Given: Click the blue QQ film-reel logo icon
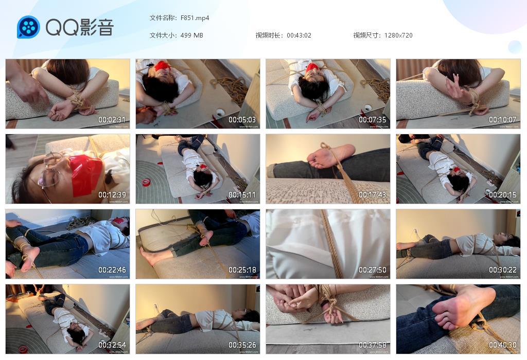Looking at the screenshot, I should [x=28, y=27].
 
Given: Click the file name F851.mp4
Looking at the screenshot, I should [x=195, y=18].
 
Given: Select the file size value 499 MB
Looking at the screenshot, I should [x=191, y=35].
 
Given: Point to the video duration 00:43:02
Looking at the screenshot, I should [x=298, y=35].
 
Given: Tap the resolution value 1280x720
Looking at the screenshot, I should [x=398, y=35].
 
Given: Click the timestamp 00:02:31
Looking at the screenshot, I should [x=113, y=120].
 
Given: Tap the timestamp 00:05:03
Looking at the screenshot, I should [x=243, y=120].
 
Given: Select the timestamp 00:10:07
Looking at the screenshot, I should [x=503, y=120].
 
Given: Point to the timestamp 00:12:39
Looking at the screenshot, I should [x=113, y=195].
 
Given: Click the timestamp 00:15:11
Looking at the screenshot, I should [x=243, y=195].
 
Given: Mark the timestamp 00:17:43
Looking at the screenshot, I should [x=373, y=195].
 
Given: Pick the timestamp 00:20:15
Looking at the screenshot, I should [x=503, y=195].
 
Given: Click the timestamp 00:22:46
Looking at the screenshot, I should [x=113, y=270].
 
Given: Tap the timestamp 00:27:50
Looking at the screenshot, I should [x=373, y=270].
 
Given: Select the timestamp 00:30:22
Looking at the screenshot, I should [x=503, y=270].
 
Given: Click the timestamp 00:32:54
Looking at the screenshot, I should [x=113, y=345].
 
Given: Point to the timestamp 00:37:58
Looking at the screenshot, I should [x=373, y=345].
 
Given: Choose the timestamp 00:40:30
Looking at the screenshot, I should [x=503, y=345].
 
